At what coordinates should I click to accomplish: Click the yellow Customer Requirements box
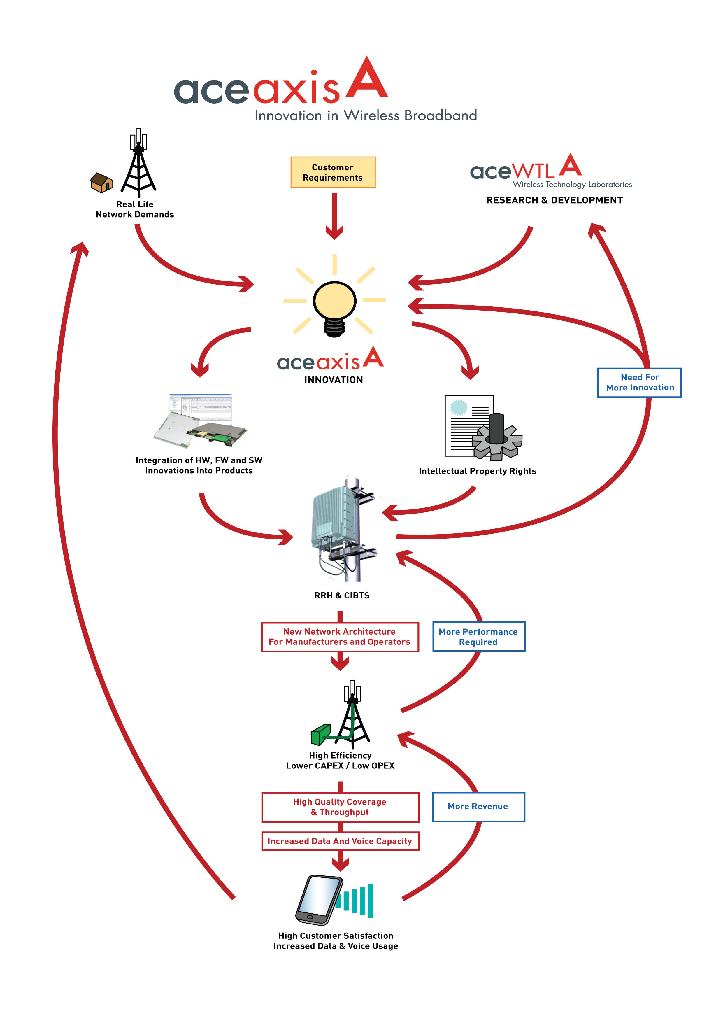(x=333, y=172)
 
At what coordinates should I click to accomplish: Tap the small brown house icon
(x=101, y=183)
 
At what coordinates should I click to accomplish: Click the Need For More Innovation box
(x=639, y=383)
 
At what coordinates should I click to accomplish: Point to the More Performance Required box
(x=478, y=637)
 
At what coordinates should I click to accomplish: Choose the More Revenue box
(x=478, y=806)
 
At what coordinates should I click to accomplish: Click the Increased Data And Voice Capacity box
(x=340, y=841)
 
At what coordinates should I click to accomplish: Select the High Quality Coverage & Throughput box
(x=340, y=807)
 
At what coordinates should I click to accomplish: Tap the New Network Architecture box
(x=340, y=637)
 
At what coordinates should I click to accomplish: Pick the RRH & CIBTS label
(x=342, y=595)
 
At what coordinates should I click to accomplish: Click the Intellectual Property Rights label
(x=477, y=471)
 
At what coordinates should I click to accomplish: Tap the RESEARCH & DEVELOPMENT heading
(x=554, y=200)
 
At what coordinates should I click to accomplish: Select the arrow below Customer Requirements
(x=334, y=216)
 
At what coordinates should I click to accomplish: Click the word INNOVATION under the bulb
(x=333, y=380)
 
